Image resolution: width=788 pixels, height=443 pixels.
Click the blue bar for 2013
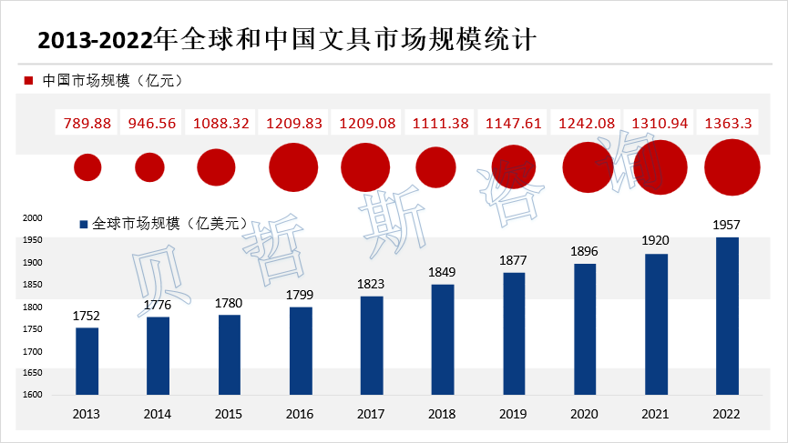87,361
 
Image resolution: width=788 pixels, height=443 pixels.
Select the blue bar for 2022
727,316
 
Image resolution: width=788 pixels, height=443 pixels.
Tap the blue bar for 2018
443,339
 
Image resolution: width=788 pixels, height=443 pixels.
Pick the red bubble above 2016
293,166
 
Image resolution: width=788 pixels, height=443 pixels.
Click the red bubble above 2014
149,167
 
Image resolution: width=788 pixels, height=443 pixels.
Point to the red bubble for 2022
732,167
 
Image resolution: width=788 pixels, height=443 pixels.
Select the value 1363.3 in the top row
727,123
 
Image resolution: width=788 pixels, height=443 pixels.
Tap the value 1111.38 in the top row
442,123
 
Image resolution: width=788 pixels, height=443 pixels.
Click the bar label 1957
727,225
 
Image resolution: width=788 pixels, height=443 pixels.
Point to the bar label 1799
301,294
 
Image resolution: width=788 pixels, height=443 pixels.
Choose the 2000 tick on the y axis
32,218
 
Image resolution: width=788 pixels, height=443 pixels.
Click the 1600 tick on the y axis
32,395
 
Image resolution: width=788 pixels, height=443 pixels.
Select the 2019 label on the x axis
514,414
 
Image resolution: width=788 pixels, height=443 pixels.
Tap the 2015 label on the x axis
229,414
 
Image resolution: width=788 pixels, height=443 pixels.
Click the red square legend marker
29,81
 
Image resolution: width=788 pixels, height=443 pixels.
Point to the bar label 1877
514,260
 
